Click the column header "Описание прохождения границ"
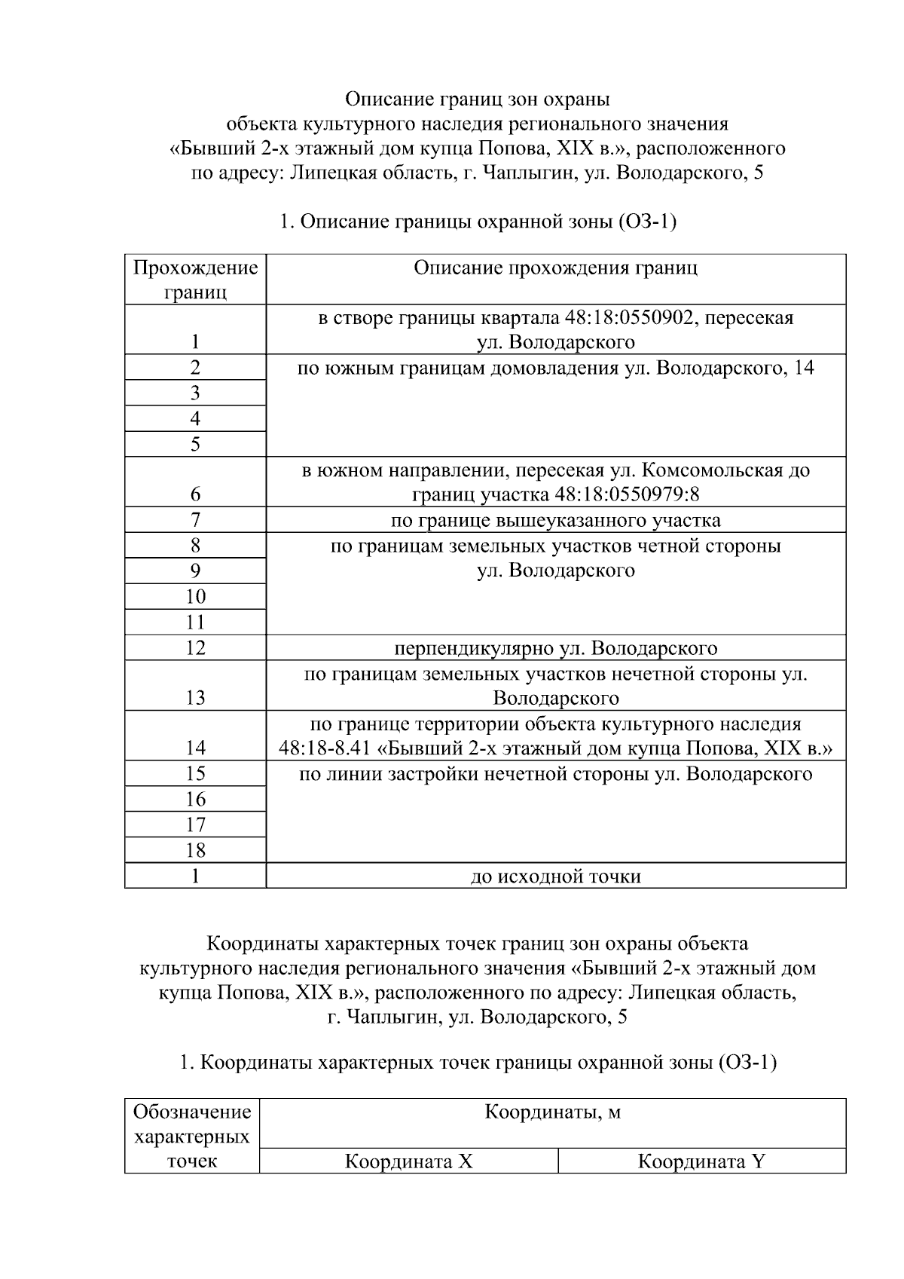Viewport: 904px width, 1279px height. (x=555, y=268)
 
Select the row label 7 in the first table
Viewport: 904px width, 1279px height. (x=195, y=520)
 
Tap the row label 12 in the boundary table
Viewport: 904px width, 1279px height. (x=195, y=648)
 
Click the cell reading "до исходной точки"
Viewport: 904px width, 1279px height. (x=555, y=877)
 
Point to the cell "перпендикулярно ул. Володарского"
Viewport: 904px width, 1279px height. (x=555, y=648)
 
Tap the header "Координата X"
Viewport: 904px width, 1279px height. (x=408, y=1161)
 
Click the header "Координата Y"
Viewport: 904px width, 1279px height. (x=701, y=1161)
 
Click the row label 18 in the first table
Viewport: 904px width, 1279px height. (x=195, y=851)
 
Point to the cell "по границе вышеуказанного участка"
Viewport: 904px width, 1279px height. (x=555, y=520)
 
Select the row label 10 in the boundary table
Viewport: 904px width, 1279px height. (x=195, y=597)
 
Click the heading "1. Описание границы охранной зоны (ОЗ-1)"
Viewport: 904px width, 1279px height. (x=478, y=222)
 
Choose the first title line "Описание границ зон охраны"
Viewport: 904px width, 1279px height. (x=478, y=99)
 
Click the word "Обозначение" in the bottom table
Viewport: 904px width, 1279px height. (x=191, y=1112)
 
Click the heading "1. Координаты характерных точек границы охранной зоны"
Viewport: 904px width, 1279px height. (x=478, y=1063)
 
